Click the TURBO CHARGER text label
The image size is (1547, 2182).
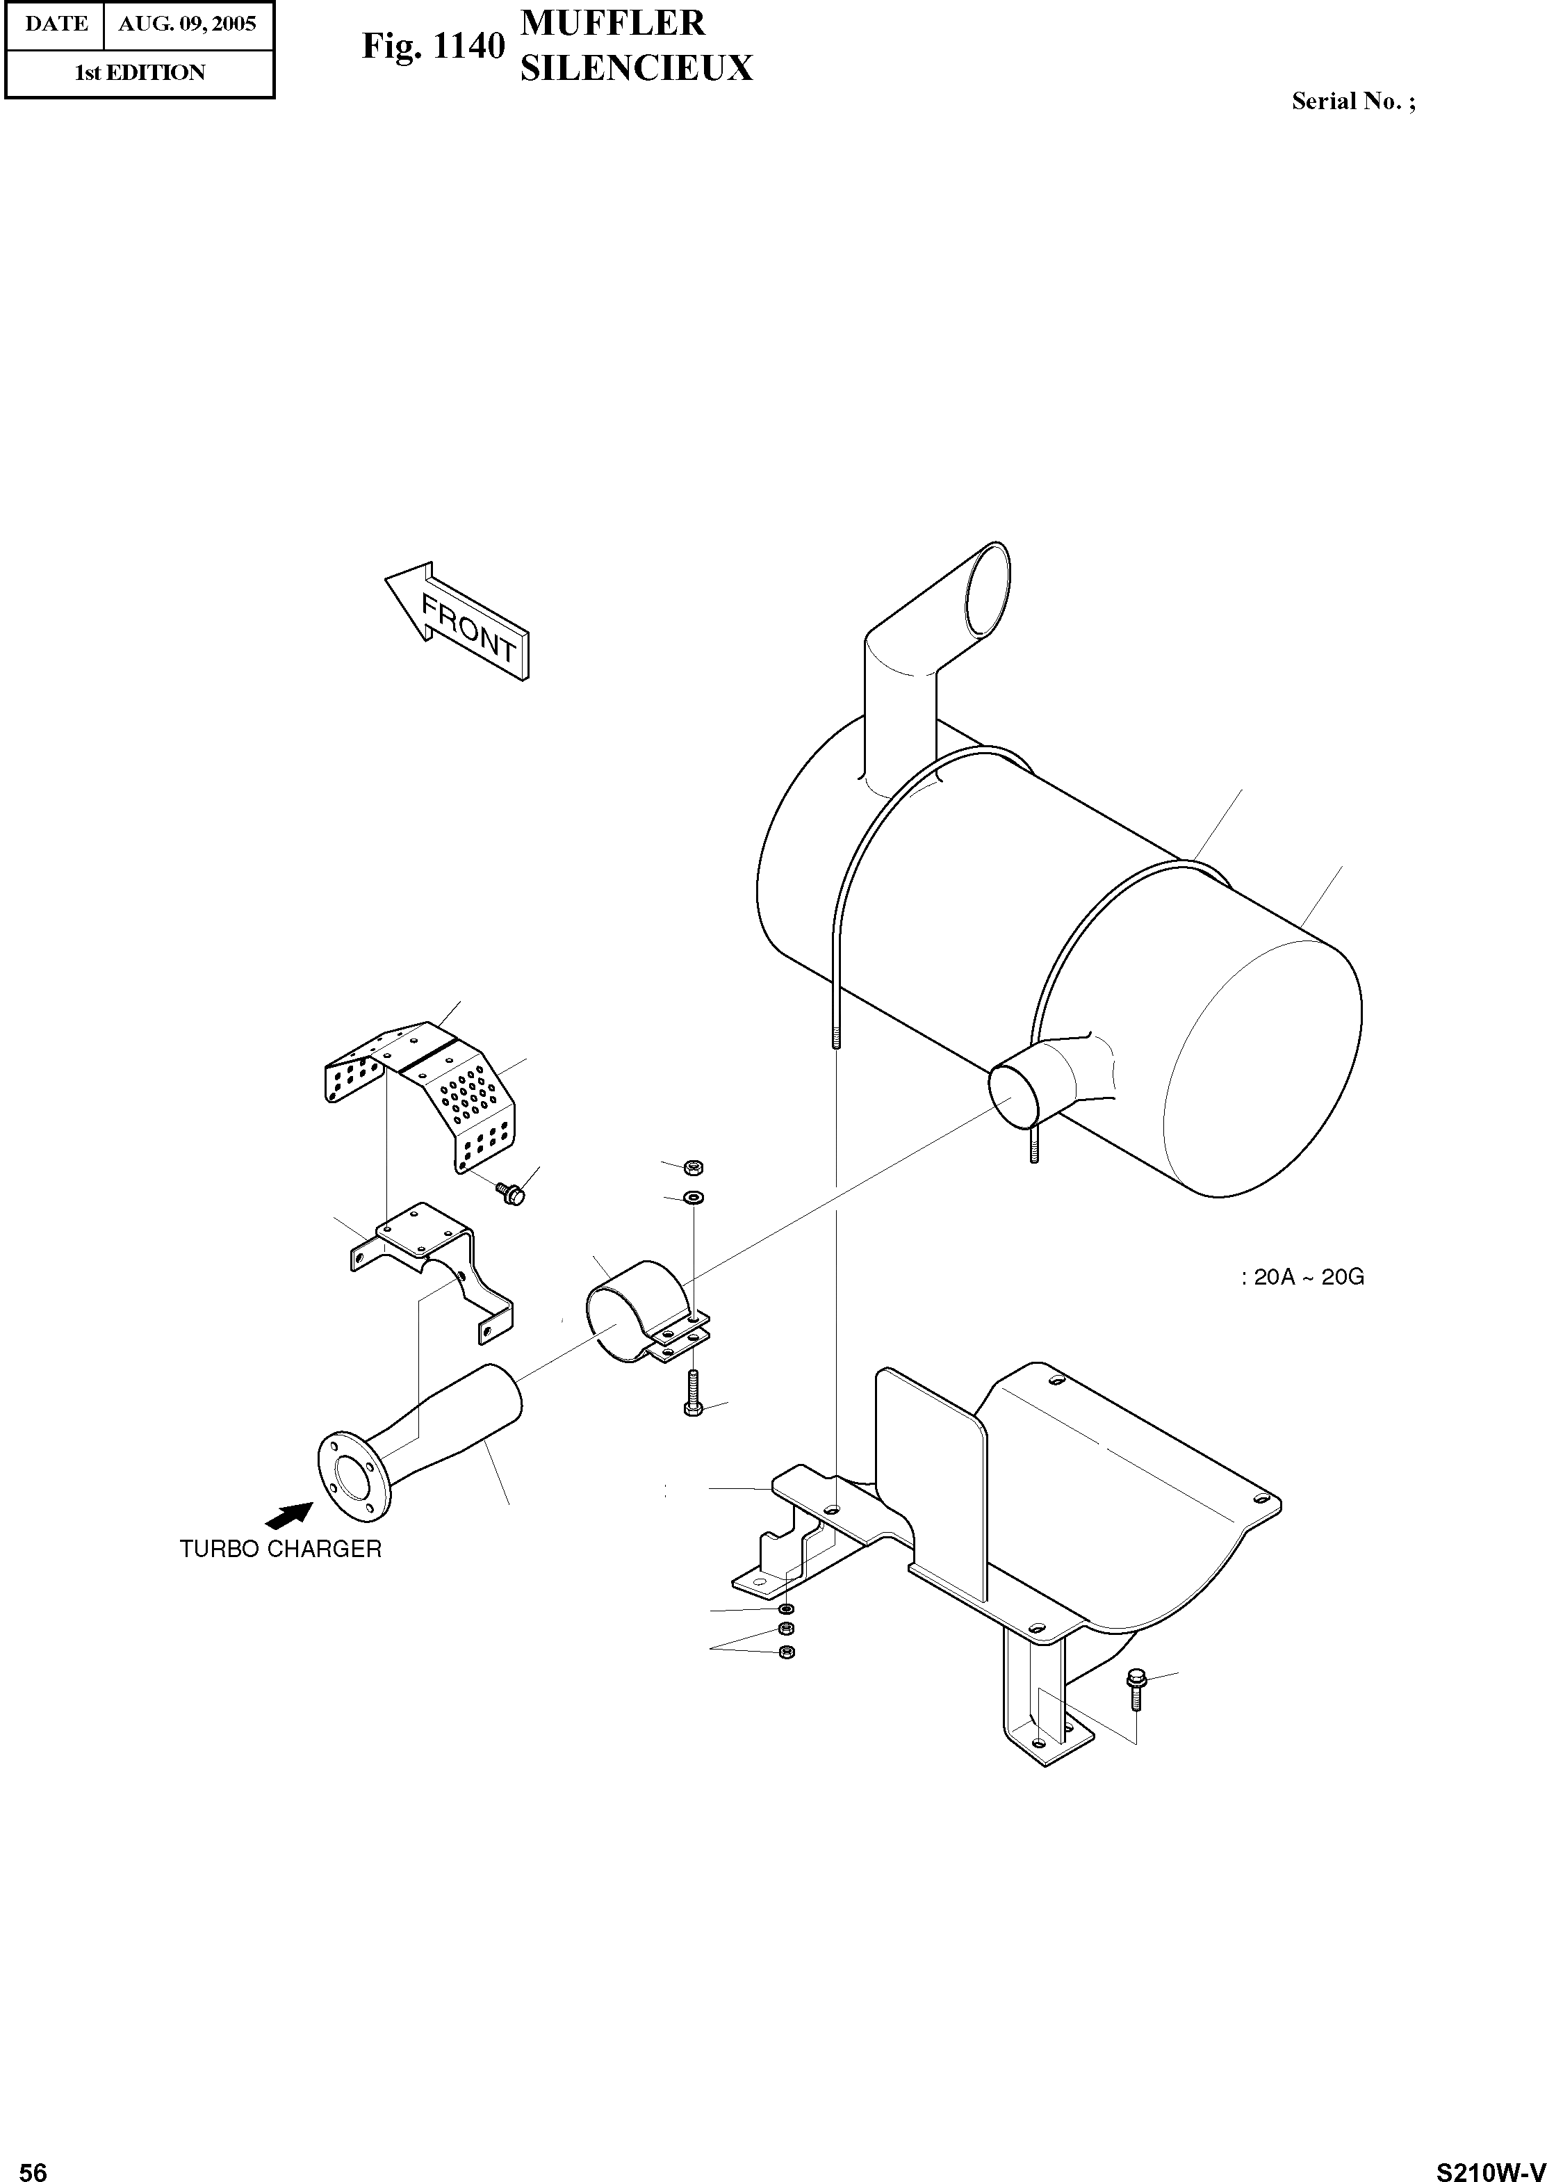coord(280,1549)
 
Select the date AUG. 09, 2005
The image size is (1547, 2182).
coord(187,24)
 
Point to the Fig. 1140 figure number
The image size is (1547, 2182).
coord(432,46)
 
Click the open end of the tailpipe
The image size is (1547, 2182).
coord(987,589)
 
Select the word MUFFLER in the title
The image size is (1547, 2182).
coord(612,23)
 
